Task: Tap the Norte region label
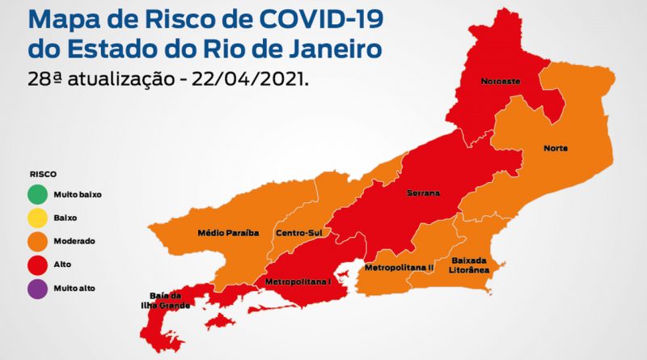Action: [x=555, y=149]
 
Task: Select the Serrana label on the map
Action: [x=424, y=194]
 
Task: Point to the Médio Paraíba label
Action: [x=228, y=233]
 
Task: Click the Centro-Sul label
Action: [x=294, y=233]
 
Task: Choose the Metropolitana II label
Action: [x=399, y=266]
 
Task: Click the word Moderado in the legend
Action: [x=74, y=241]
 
